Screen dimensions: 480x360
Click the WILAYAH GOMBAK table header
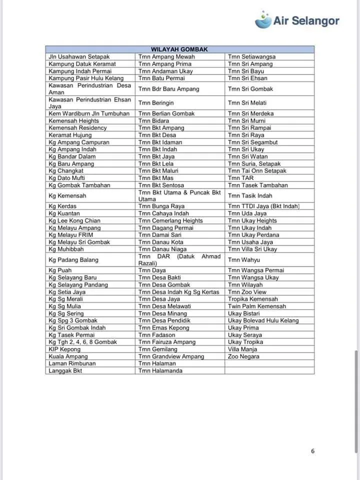click(x=179, y=49)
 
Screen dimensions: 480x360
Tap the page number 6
click(x=313, y=451)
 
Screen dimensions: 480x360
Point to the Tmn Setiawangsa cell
click(x=251, y=57)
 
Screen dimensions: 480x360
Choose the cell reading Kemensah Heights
click(x=74, y=121)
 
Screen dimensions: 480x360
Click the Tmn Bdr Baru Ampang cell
click(x=168, y=89)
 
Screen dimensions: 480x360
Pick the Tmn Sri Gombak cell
click(x=250, y=89)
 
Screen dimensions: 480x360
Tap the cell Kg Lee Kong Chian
click(x=74, y=220)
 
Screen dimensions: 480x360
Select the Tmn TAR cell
click(x=240, y=178)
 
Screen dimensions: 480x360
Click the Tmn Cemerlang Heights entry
click(x=170, y=220)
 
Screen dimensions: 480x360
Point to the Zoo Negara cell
click(x=243, y=356)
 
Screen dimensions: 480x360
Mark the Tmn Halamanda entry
click(x=160, y=371)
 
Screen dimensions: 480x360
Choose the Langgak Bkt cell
click(x=65, y=371)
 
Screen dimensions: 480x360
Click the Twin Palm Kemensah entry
click(x=257, y=306)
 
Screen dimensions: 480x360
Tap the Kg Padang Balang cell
click(x=73, y=260)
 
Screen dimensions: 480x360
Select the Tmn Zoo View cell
click(x=247, y=292)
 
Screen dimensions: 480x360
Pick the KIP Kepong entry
click(x=64, y=349)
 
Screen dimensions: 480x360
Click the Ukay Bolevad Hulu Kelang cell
click(x=263, y=320)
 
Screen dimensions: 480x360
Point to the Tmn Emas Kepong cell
click(x=164, y=328)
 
